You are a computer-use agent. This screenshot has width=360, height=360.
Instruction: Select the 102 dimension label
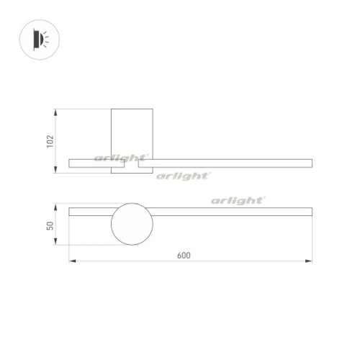coord(50,141)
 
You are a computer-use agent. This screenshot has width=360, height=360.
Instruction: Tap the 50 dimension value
coord(50,225)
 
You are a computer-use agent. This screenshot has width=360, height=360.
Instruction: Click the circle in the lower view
coord(132,224)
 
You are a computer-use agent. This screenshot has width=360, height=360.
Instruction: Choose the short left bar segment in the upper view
coord(97,164)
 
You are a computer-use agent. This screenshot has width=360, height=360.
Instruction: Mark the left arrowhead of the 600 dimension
coord(71,261)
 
